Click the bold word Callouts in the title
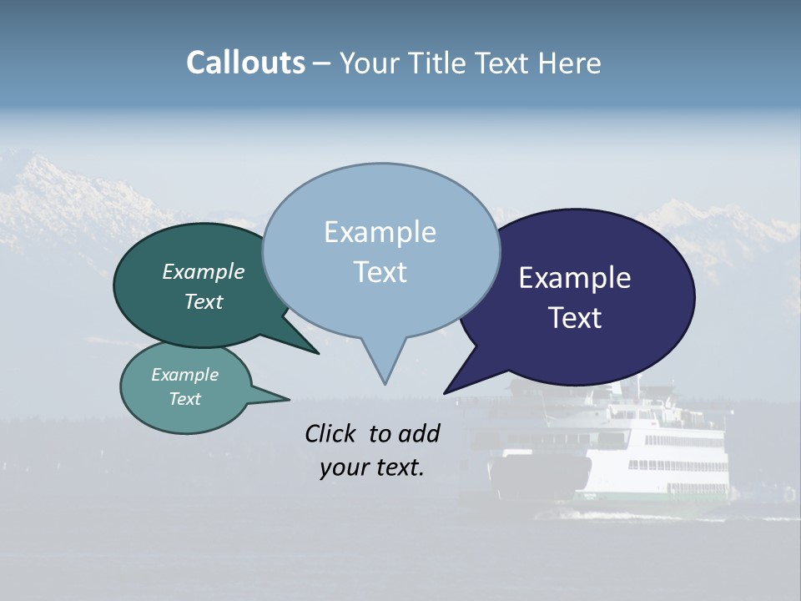point(245,63)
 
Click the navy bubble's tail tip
point(446,391)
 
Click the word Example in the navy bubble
point(575,278)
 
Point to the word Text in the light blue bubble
point(380,272)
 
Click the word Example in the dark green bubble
point(203,271)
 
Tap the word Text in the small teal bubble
point(184,399)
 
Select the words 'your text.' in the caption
point(371,467)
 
